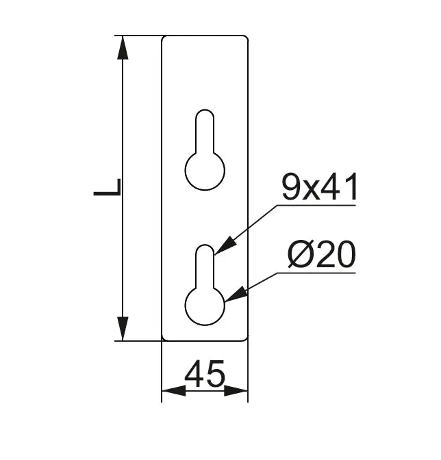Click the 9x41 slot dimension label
pyautogui.click(x=319, y=187)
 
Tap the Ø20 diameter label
pyautogui.click(x=322, y=254)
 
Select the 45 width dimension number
pyautogui.click(x=205, y=374)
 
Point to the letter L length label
pyautogui.click(x=107, y=187)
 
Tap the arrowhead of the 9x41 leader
pyautogui.click(x=226, y=245)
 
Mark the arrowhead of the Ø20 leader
pyautogui.click(x=236, y=294)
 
